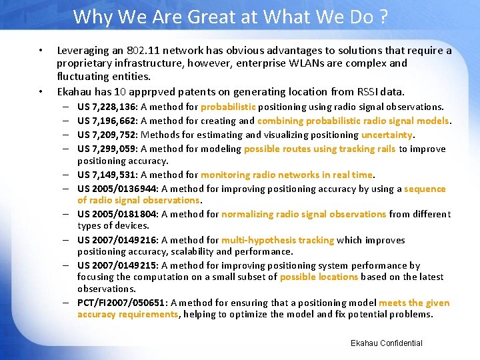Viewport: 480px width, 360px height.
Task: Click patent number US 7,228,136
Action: [x=107, y=107]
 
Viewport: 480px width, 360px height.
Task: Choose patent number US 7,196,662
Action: [x=107, y=121]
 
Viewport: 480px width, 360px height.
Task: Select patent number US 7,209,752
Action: [x=107, y=135]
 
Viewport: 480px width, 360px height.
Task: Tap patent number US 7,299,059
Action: [x=107, y=149]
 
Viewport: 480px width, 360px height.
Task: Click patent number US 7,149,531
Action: [x=107, y=175]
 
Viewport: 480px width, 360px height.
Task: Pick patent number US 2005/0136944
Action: [x=117, y=189]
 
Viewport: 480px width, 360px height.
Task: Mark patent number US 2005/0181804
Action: [x=117, y=214]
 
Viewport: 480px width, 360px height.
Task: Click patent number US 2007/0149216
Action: [x=117, y=240]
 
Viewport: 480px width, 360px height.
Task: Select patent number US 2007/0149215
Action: [x=117, y=265]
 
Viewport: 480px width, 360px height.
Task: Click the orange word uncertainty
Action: [x=387, y=135]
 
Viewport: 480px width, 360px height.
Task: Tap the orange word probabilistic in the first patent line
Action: [x=228, y=107]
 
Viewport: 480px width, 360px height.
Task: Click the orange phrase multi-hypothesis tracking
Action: [x=277, y=240]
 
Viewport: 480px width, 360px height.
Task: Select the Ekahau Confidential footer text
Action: [x=386, y=343]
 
